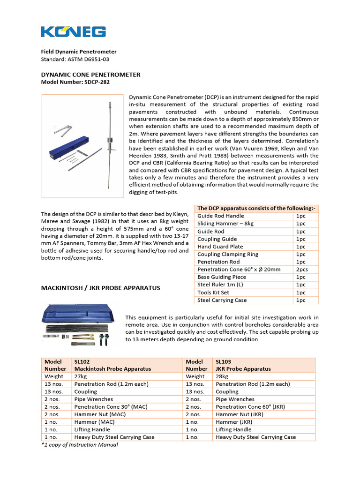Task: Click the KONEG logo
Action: tap(73, 32)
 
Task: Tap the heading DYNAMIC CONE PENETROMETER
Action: tap(91, 75)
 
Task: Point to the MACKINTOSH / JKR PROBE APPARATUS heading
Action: tap(101, 288)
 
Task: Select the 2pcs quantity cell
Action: tap(301, 270)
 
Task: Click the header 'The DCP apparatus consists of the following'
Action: tap(256, 208)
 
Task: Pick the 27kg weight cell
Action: tap(81, 376)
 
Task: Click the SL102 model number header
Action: tap(82, 361)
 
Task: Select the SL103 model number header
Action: tap(223, 361)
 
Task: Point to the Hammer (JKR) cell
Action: tap(234, 422)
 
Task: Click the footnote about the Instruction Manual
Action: tap(80, 444)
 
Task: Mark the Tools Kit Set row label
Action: tap(213, 292)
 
